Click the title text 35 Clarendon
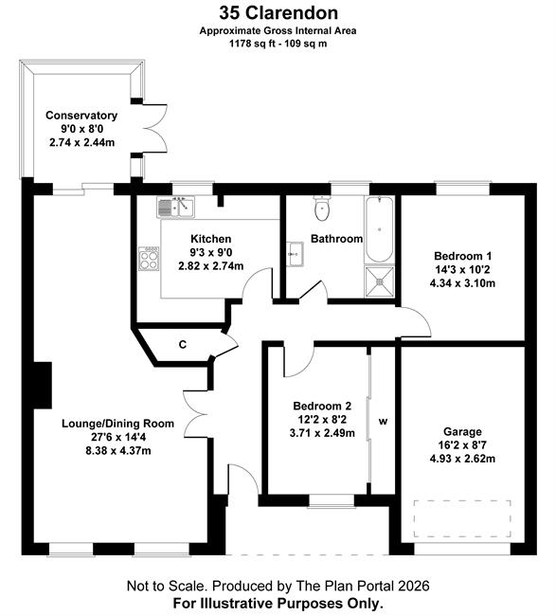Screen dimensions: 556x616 [278, 13]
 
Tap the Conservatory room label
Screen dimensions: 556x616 [81, 116]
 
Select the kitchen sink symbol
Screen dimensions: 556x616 [175, 207]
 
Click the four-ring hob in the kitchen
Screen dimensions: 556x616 [149, 259]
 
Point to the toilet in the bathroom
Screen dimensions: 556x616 [322, 208]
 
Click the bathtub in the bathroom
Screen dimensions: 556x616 [379, 229]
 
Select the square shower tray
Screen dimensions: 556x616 [379, 281]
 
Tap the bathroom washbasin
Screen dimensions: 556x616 [295, 254]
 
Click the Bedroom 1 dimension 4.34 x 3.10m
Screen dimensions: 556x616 [462, 283]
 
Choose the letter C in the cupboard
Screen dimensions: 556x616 [183, 345]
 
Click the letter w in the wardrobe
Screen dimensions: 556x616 [383, 422]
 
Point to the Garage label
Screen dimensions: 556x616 [462, 432]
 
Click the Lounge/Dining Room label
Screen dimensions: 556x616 [117, 424]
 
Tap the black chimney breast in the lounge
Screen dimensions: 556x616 [43, 386]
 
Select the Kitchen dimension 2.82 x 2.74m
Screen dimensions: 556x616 [211, 266]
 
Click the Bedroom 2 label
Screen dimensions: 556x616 [322, 406]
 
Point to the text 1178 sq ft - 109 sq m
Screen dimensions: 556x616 [278, 44]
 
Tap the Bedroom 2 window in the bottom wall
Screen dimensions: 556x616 [332, 500]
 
